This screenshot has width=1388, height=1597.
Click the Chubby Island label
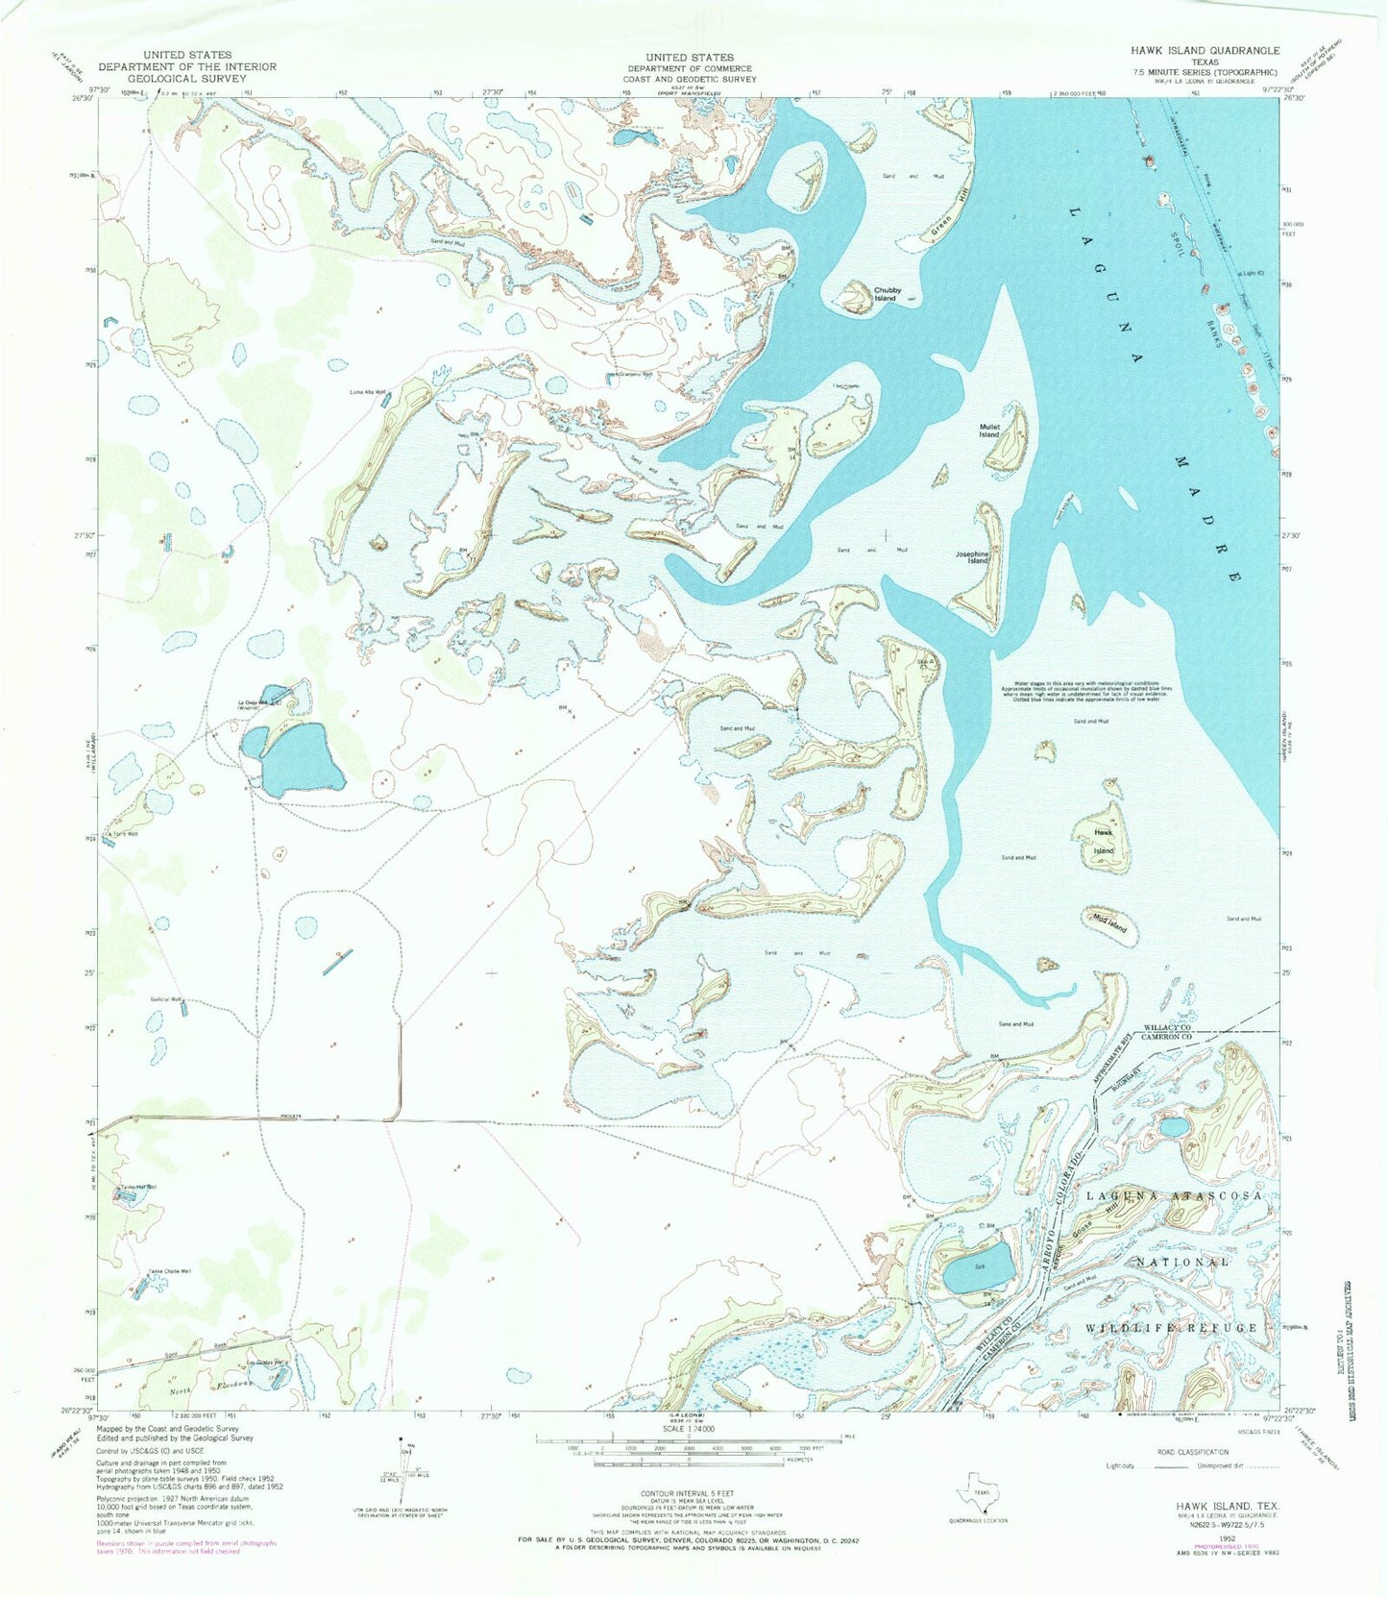tap(885, 293)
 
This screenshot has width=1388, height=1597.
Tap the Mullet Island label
tap(989, 430)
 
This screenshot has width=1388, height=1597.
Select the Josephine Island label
tap(972, 557)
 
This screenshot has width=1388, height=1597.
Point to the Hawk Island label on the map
tap(1103, 842)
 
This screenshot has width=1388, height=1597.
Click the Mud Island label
tap(1109, 924)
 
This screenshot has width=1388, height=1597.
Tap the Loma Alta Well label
tap(367, 392)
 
